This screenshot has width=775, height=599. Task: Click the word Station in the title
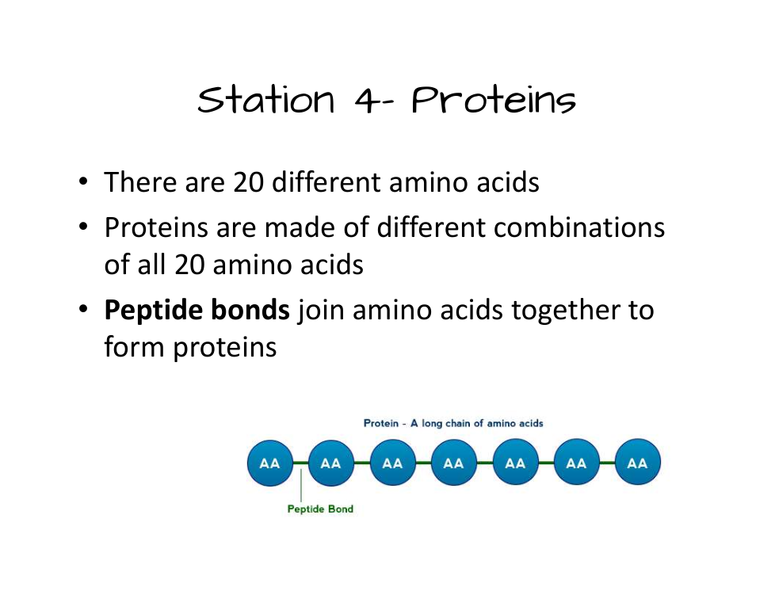click(x=266, y=100)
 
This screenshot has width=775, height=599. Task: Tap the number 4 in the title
click(x=367, y=100)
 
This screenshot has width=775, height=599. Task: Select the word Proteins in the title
click(x=494, y=100)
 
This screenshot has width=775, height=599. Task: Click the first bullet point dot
click(x=83, y=181)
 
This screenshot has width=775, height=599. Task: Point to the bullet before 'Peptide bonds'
click(x=83, y=309)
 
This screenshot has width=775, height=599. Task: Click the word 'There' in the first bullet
click(x=140, y=182)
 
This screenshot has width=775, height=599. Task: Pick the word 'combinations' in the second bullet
click(x=578, y=228)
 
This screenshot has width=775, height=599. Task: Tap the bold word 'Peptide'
click(x=153, y=311)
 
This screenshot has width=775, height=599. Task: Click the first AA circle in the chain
click(x=270, y=463)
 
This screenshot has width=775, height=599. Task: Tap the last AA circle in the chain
click(x=638, y=463)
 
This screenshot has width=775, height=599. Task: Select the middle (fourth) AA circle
click(x=454, y=463)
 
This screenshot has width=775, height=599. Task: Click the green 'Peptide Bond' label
click(x=320, y=509)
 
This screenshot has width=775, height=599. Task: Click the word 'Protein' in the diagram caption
click(x=381, y=423)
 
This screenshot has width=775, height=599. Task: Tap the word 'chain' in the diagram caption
click(x=458, y=423)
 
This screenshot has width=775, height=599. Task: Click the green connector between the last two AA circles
click(x=607, y=463)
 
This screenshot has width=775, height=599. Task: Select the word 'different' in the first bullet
click(x=327, y=182)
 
